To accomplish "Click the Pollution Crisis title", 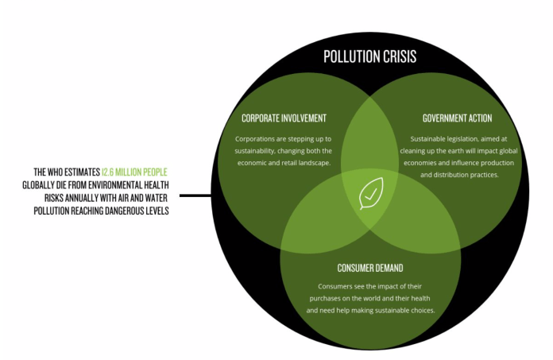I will [x=369, y=57].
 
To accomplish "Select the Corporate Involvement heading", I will [x=284, y=118].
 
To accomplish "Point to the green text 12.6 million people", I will [x=134, y=172].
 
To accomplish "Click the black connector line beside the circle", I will [x=195, y=195].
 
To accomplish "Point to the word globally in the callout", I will [x=43, y=185].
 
